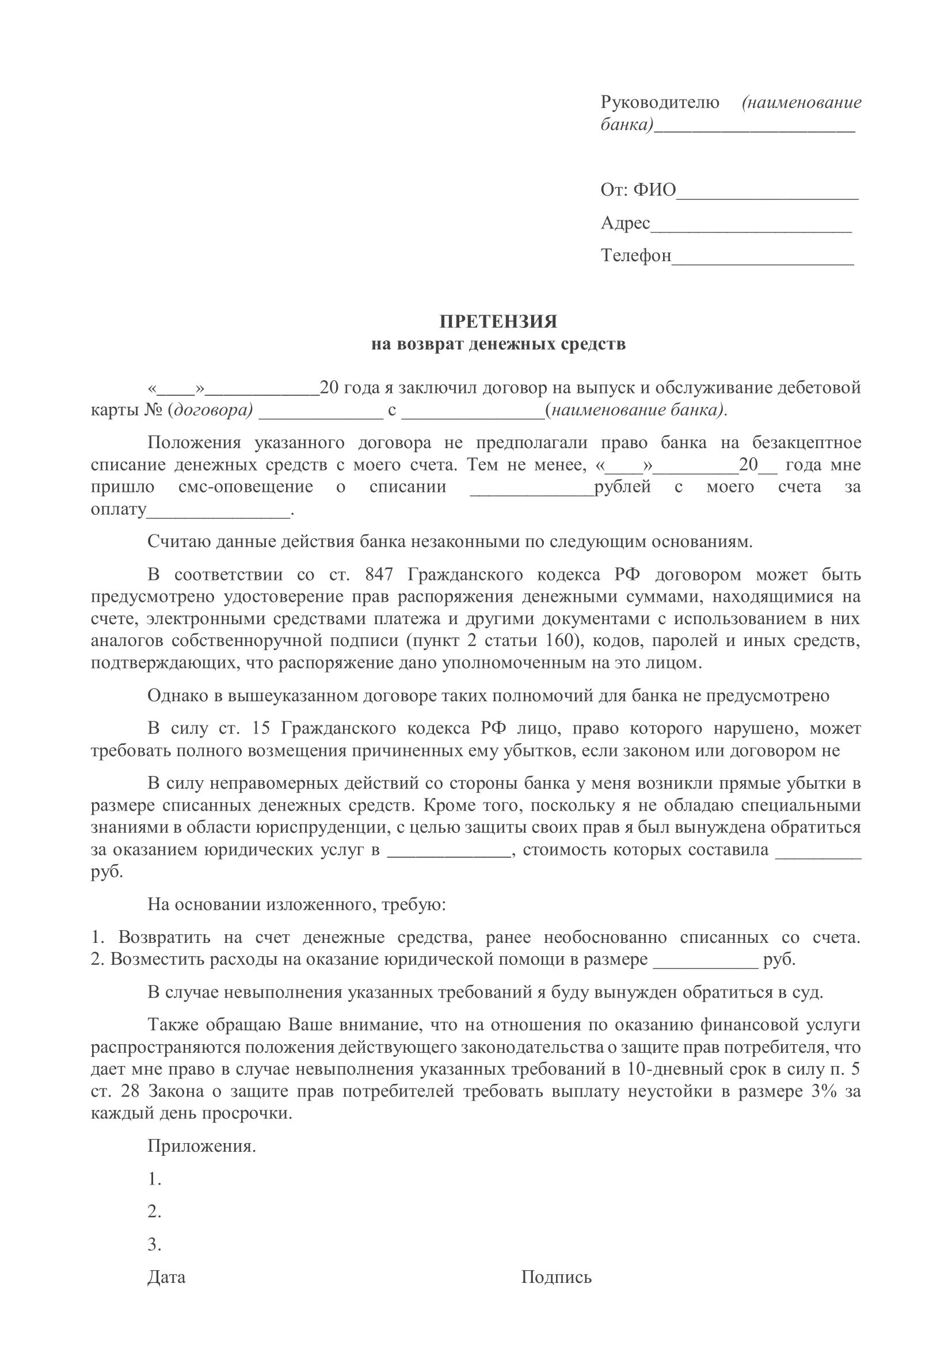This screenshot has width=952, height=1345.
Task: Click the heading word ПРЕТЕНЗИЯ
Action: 498,322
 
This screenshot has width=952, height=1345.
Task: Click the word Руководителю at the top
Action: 660,102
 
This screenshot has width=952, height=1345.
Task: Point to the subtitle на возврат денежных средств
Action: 498,344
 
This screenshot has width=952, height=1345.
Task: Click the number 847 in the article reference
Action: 379,574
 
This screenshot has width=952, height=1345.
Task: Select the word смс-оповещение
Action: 245,487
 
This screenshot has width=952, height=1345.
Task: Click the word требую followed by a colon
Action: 413,904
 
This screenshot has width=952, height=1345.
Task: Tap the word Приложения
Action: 201,1146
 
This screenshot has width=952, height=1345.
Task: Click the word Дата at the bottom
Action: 166,1277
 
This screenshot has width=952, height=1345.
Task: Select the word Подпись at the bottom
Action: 557,1277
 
